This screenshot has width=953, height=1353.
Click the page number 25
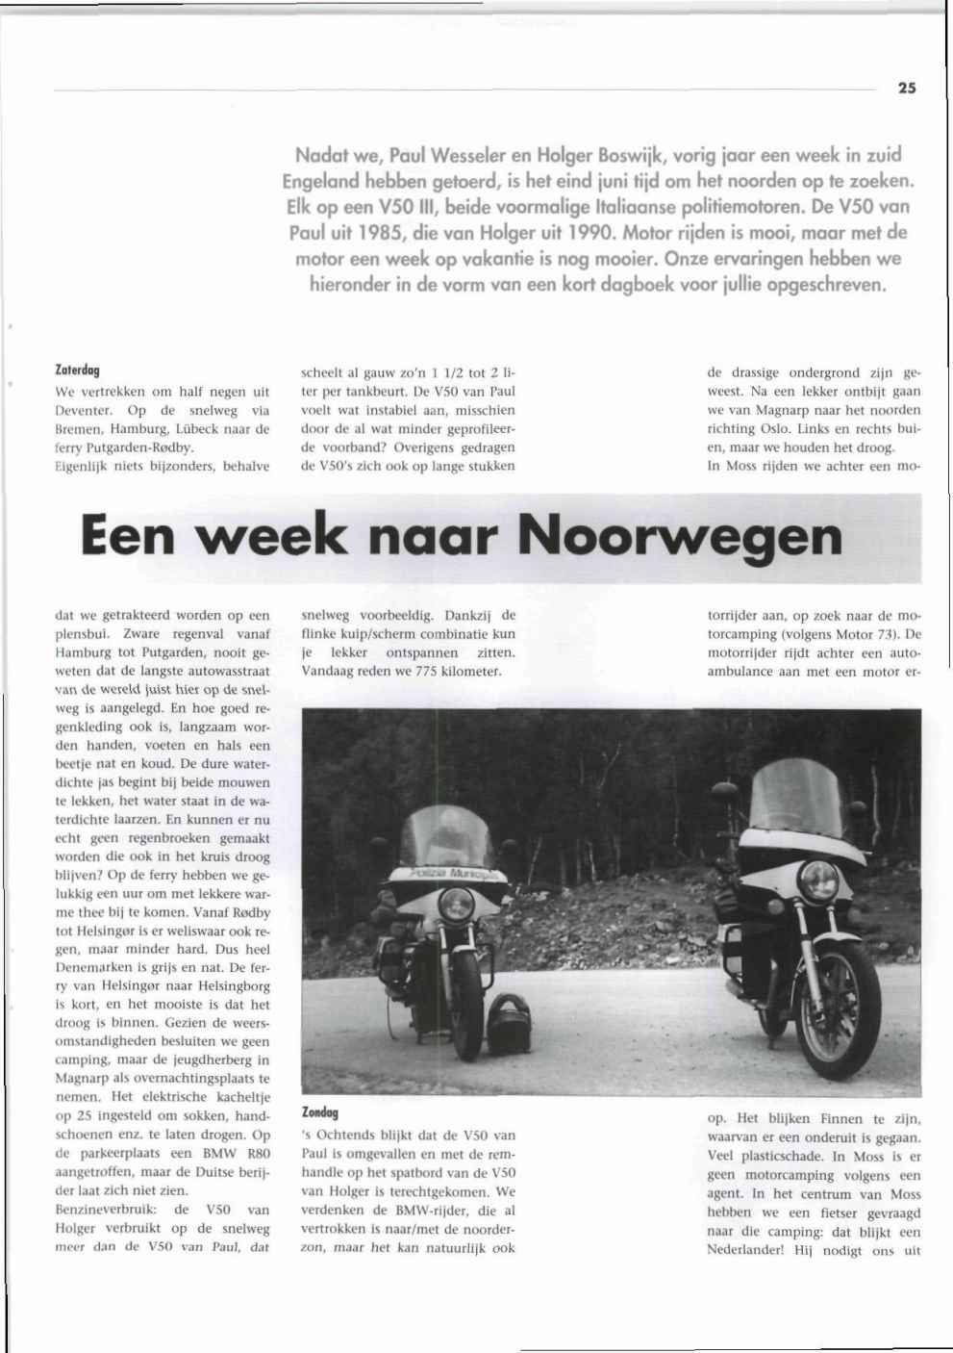(906, 88)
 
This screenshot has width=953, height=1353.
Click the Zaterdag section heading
(78, 370)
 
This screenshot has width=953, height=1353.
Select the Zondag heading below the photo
(320, 1112)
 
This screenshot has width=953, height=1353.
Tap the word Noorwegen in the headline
(680, 537)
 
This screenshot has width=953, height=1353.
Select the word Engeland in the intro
(320, 181)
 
